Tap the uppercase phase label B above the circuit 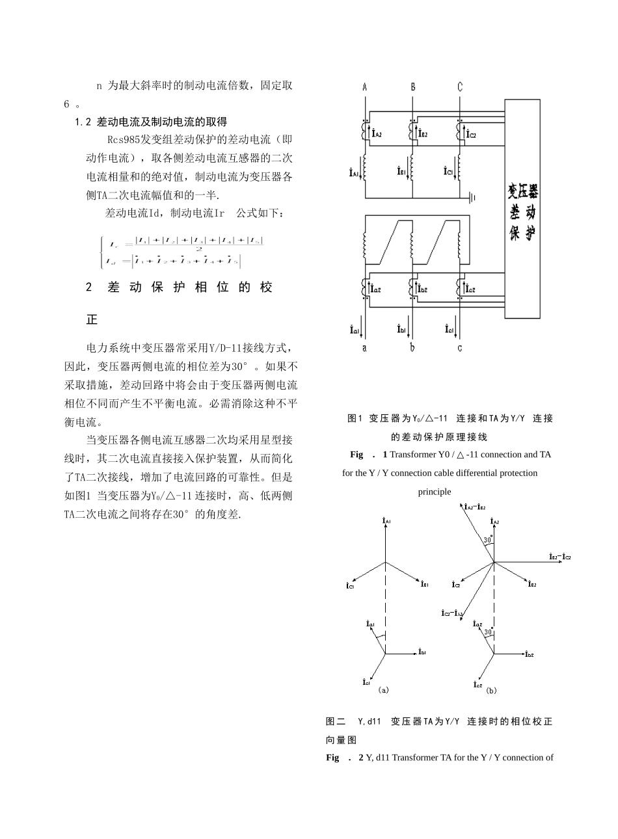pos(412,87)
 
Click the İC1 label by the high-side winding pos(448,172)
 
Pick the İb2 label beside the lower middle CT pos(422,289)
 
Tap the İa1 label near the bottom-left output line pos(355,330)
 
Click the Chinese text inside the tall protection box pos(522,213)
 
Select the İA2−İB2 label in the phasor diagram pos(476,507)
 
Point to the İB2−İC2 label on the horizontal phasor pos(559,557)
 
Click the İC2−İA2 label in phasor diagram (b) pos(452,613)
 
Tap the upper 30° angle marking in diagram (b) pos(487,540)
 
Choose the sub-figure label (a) pos(383,689)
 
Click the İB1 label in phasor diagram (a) pos(424,583)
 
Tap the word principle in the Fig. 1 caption pos(434,492)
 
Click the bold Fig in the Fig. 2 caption pos(333,758)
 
